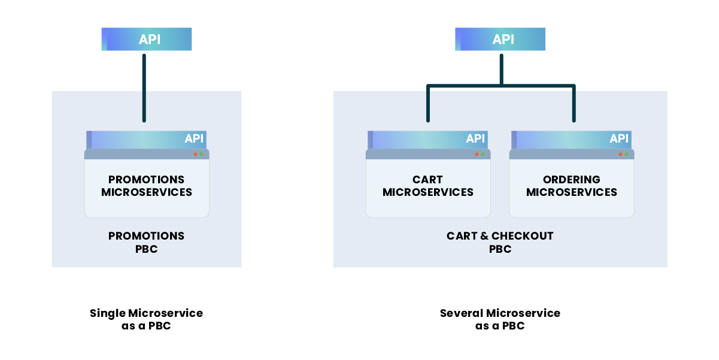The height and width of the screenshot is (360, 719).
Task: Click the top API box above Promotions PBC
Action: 147,40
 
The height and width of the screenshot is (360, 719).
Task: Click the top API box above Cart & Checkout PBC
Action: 500,40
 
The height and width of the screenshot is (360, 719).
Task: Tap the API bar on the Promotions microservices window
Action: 147,139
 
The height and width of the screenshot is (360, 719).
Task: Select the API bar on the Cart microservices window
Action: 428,139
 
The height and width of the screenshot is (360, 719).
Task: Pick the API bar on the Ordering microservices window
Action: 572,139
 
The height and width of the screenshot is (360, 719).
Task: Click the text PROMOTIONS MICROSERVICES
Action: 147,186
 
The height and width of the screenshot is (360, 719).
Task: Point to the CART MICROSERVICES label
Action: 428,186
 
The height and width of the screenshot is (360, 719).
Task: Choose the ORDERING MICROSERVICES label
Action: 572,186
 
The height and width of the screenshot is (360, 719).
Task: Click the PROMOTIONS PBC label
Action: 147,242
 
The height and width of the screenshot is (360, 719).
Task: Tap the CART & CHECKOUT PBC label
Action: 500,242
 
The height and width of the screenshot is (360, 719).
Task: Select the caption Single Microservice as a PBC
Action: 147,319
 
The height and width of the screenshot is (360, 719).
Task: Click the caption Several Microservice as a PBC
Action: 500,319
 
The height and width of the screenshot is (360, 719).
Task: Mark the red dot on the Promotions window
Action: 195,155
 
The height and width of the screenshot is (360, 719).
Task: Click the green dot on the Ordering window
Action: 626,155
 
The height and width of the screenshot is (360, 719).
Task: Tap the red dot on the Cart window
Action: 477,155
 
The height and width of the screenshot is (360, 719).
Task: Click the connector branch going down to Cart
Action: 428,105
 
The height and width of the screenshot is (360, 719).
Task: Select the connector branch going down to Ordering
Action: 574,105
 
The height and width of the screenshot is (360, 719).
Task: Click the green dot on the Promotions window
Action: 201,155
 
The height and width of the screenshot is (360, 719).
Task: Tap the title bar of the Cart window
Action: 419,155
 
